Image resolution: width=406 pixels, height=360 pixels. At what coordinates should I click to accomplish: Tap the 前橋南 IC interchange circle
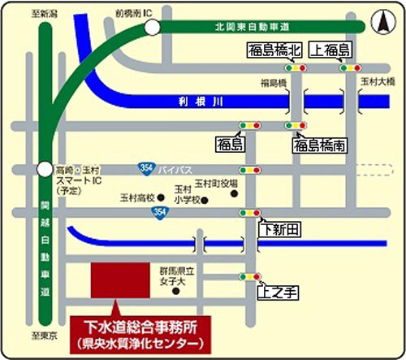(153, 28)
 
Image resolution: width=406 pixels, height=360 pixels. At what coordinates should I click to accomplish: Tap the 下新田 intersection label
(277, 231)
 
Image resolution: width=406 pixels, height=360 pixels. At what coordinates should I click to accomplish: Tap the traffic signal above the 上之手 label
(250, 276)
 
